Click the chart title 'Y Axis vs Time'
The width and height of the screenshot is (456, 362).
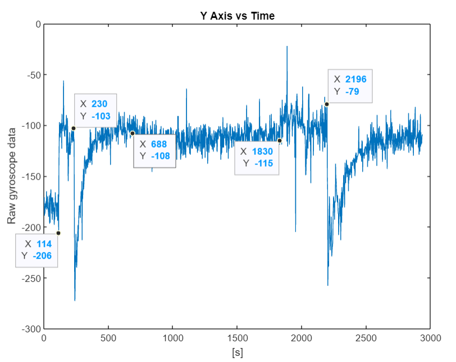pos(238,16)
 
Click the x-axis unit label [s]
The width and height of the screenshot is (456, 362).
pos(237,353)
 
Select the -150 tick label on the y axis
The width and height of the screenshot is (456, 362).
pos(31,176)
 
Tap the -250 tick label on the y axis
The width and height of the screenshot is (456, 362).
pos(31,278)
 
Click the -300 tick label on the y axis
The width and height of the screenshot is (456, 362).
pos(31,328)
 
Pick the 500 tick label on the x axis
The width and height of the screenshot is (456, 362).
pos(108,340)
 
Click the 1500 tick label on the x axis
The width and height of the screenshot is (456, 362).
pos(237,340)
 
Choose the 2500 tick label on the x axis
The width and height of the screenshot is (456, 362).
pos(366,340)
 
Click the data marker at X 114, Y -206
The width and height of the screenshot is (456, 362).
pos(58,233)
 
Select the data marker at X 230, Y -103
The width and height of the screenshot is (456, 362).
pos(74,129)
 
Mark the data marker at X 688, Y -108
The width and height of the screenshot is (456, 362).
pos(133,134)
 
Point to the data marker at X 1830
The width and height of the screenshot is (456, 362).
pos(280,140)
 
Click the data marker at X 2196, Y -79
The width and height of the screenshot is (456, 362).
pos(327,104)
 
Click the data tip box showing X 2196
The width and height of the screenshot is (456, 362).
pos(350,85)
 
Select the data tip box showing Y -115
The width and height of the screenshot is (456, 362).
pos(257,158)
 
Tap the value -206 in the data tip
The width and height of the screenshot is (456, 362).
pos(42,256)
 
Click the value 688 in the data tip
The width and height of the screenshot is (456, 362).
pos(159,144)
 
